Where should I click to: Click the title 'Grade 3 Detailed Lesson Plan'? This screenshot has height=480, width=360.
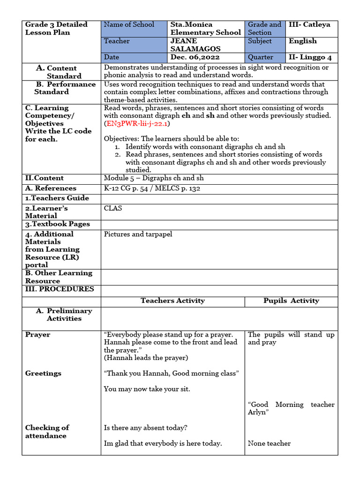[56, 29]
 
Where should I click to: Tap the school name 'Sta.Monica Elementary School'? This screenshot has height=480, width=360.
[205, 29]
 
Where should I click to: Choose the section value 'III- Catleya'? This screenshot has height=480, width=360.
[309, 25]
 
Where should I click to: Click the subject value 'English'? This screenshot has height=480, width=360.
[302, 41]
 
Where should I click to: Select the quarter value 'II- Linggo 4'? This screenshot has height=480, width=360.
[310, 57]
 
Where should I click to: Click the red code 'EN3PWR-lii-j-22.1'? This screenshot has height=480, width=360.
[137, 124]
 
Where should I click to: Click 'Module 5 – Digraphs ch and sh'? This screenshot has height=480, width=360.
[154, 179]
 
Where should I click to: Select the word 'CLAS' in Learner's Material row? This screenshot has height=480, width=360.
[113, 208]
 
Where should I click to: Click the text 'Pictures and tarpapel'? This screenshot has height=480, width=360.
[138, 234]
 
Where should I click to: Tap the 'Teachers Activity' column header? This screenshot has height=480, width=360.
[172, 301]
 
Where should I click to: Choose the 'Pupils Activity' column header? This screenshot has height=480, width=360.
[291, 301]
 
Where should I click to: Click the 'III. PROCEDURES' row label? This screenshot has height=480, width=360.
[60, 289]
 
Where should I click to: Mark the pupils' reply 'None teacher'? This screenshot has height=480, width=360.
[269, 443]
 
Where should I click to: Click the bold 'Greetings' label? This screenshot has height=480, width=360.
[43, 374]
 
